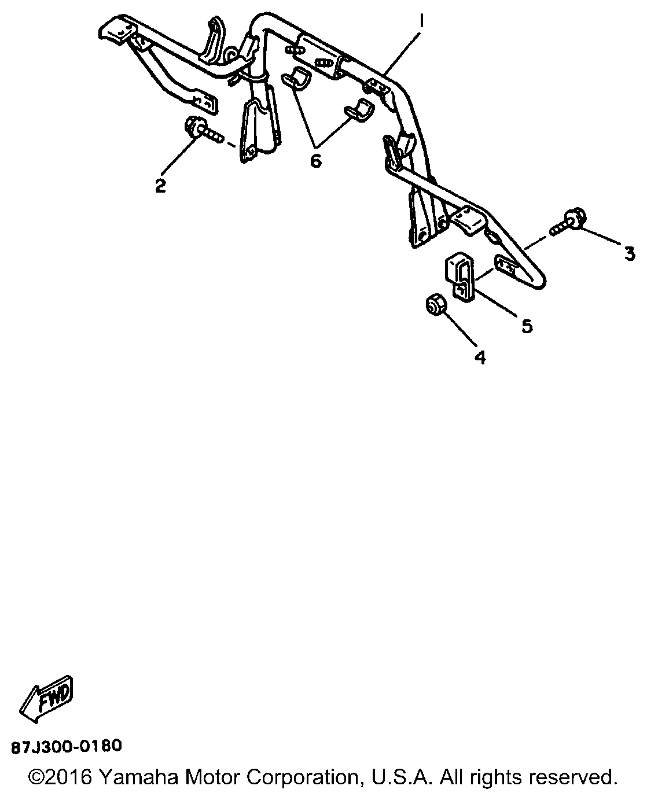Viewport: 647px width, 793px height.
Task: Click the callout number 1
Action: tap(422, 21)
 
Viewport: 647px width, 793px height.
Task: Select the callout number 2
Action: tap(161, 186)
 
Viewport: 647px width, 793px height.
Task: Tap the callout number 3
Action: tap(630, 254)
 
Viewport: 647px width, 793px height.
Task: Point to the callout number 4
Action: tap(480, 357)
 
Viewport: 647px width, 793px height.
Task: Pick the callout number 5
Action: tap(527, 326)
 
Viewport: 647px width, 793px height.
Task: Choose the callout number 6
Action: tap(316, 161)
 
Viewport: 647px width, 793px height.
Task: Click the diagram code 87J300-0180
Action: tap(67, 746)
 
